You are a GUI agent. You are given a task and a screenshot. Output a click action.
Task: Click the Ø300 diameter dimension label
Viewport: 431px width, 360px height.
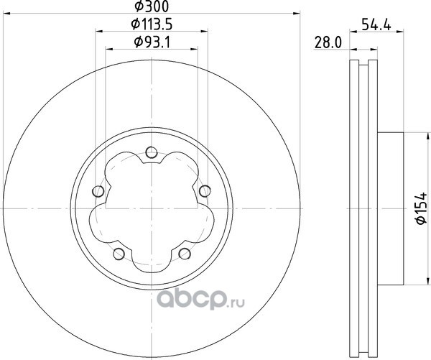pos(152,6)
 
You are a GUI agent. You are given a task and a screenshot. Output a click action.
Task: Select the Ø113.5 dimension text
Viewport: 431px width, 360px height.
pos(152,24)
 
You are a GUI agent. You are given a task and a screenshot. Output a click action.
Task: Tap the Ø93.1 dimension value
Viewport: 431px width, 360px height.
pos(152,42)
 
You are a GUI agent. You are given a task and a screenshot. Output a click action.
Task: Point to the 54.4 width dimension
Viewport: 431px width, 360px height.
pos(376,24)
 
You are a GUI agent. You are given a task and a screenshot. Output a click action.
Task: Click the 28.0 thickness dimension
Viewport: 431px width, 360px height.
pos(328,43)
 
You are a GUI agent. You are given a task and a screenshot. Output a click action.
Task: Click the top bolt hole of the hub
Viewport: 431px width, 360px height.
pos(152,152)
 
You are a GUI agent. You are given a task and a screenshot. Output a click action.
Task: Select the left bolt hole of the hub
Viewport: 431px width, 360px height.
pos(98,191)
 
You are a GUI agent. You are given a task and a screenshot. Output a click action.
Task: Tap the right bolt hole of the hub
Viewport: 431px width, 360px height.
pos(205,191)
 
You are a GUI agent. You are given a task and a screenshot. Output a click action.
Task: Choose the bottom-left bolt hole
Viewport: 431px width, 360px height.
pos(119,254)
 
